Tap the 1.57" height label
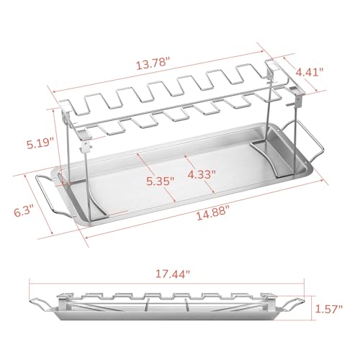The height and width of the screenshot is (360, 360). point(335,309)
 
